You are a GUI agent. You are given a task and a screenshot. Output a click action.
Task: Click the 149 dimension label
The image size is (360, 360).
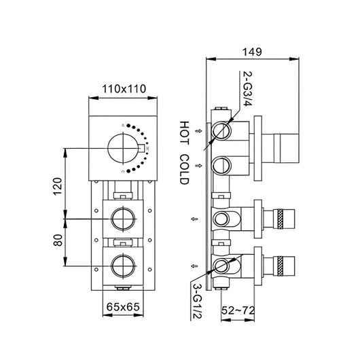(x=252, y=52)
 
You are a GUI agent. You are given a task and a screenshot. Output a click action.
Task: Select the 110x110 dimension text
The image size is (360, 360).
(x=124, y=89)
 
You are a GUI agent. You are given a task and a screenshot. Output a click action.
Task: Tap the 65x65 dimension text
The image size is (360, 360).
(x=123, y=307)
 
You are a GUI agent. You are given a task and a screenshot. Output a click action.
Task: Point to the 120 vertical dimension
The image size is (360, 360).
(x=58, y=186)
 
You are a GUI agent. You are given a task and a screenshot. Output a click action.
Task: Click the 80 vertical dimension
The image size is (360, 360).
(x=58, y=240)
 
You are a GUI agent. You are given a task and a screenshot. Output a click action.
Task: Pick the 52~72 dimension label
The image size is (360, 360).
(x=238, y=310)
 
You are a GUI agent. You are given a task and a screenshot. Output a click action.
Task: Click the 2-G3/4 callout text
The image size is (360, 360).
(x=247, y=88)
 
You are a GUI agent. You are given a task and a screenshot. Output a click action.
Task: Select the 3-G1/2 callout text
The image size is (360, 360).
(x=197, y=301)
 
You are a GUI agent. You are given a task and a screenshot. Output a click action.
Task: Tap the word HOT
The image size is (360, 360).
(x=184, y=133)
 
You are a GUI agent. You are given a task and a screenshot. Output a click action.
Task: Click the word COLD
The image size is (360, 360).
(x=184, y=169)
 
